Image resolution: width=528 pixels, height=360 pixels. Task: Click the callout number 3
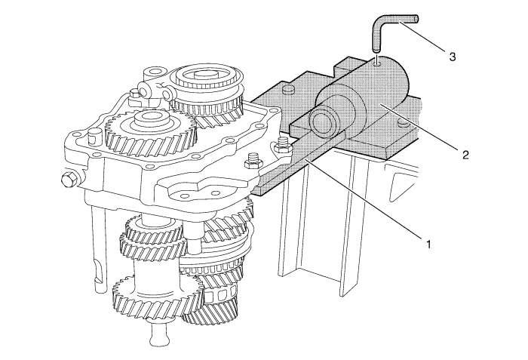pos(453,57)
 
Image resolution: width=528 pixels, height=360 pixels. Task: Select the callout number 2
pos(465,155)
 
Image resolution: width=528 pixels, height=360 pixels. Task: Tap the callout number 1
pos(428,244)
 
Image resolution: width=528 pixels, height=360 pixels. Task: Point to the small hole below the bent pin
pos(378,62)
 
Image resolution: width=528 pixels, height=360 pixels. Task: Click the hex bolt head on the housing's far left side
pos(68,180)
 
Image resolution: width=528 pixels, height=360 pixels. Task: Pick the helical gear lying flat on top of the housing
pos(151,131)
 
